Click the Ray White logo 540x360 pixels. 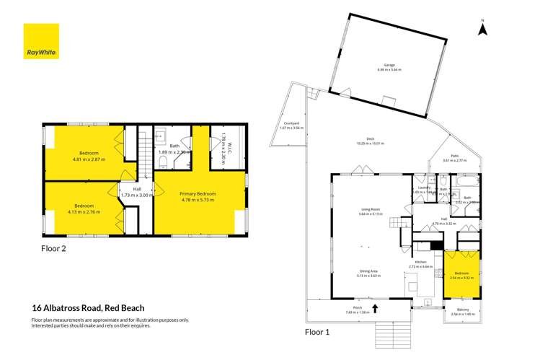pos(41,41)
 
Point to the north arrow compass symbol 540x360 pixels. pos(484,28)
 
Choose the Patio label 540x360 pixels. pos(454,157)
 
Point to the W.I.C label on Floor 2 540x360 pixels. pos(224,148)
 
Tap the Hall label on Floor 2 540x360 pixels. pos(136,193)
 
